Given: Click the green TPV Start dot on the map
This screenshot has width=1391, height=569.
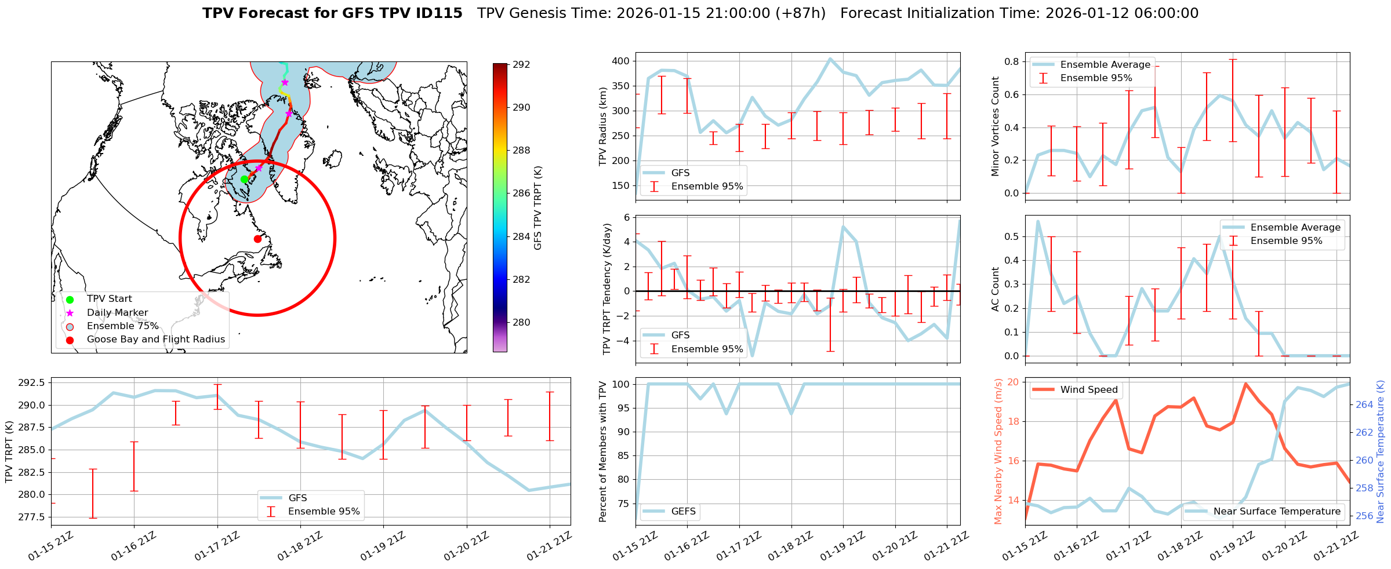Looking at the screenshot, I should point(244,179).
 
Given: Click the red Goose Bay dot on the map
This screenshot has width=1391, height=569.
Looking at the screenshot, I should point(257,239).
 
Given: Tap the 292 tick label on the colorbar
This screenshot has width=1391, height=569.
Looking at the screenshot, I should point(521,64).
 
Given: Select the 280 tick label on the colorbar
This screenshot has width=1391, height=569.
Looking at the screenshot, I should point(521,322).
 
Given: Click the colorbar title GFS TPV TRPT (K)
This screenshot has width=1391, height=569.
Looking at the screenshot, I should point(538,208).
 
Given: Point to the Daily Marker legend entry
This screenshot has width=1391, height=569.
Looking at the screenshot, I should point(117,312).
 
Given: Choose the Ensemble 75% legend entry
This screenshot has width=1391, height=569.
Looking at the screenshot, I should point(122,326).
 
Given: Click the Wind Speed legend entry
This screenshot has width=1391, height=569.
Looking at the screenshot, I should point(1088,389).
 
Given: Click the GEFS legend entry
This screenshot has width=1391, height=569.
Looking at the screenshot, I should point(683,511).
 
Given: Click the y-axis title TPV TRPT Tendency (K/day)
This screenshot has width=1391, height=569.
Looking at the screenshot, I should point(607,289).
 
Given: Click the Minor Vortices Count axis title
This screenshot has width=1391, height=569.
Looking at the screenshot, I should point(996,126).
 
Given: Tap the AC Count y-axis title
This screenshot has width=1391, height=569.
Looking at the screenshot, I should point(996,289).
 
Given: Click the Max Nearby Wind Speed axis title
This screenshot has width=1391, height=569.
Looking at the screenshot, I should point(998,451).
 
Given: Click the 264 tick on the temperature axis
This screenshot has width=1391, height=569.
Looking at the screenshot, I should point(1364,404).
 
